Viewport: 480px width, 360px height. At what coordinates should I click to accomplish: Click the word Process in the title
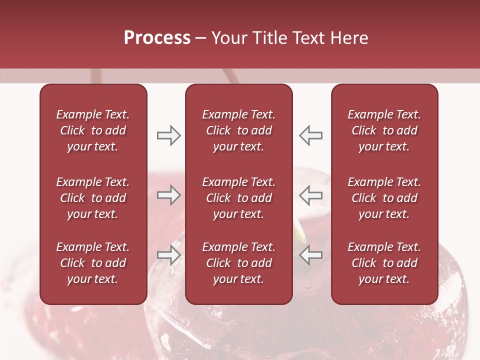[x=157, y=38]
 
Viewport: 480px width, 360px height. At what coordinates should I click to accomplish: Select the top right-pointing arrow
[x=168, y=135]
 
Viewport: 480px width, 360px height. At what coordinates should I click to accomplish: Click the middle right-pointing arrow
[x=168, y=195]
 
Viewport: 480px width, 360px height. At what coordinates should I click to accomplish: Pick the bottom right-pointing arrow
[x=168, y=254]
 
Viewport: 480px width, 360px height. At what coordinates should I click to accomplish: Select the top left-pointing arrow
[x=311, y=135]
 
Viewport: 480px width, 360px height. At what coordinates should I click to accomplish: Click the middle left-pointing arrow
[x=311, y=195]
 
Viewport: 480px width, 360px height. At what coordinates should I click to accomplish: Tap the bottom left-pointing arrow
[x=311, y=254]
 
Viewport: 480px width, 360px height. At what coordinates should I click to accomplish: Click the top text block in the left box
[x=93, y=130]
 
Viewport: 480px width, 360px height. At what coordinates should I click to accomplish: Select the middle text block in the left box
[x=93, y=198]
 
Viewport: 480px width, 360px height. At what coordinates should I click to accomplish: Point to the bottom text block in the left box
[x=93, y=263]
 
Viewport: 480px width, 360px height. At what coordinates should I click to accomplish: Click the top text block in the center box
[x=238, y=130]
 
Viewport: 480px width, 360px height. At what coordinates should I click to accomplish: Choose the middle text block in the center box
[x=238, y=198]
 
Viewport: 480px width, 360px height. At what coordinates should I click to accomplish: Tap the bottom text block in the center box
[x=238, y=263]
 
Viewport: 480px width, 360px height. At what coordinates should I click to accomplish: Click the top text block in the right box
[x=384, y=130]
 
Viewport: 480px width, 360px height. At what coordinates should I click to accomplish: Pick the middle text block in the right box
[x=384, y=198]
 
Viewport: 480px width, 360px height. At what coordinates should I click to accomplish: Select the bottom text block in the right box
[x=384, y=263]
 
